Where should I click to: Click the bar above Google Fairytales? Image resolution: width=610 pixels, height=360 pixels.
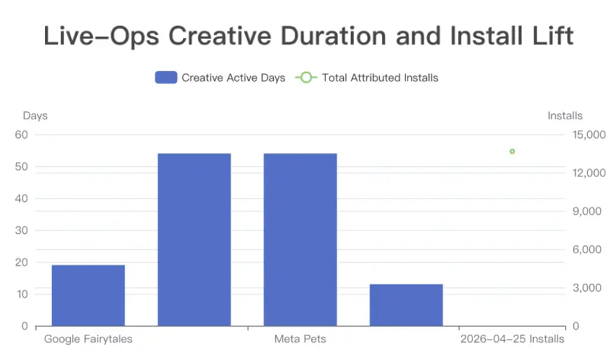88,295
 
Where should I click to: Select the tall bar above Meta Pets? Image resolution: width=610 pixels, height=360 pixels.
300,239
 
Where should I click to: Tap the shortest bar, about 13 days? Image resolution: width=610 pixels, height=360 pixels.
406,305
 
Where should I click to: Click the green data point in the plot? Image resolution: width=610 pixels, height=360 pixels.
512,151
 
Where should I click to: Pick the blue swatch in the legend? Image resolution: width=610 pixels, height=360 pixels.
166,78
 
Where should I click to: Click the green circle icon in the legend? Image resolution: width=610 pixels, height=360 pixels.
307,78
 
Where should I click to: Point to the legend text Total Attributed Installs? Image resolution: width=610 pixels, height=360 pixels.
380,78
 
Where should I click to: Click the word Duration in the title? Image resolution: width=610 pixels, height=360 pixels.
333,36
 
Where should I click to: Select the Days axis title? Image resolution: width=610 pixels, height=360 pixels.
35,116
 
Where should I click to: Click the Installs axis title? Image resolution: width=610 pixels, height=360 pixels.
565,116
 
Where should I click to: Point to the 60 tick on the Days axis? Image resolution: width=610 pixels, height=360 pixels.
21,135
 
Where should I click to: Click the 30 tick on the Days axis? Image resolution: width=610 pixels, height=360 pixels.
21,230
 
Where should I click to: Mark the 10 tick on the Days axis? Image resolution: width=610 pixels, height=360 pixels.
22,294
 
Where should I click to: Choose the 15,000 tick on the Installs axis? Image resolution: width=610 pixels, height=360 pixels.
589,135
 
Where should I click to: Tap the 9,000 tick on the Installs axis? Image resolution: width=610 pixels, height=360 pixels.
587,211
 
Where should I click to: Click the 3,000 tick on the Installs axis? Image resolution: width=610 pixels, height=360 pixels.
587,288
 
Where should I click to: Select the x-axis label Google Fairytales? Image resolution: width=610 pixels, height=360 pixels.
88,339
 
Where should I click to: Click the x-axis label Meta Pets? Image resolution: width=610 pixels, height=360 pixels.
300,339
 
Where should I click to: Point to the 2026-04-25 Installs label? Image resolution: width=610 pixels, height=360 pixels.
512,339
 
